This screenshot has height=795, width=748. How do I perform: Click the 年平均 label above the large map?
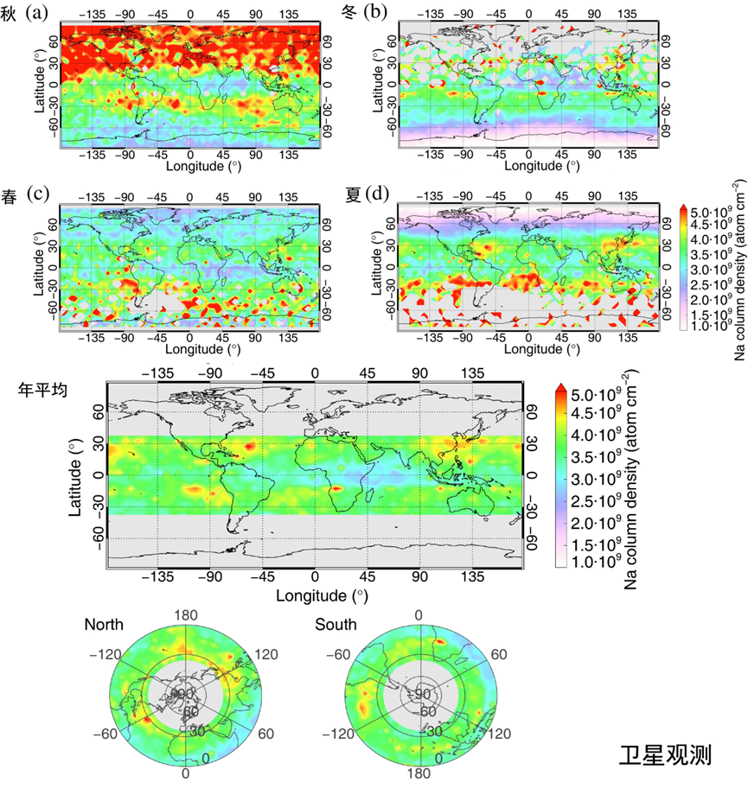point(40,388)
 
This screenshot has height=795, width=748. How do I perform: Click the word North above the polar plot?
point(104,625)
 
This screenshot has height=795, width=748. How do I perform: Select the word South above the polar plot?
point(335,625)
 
